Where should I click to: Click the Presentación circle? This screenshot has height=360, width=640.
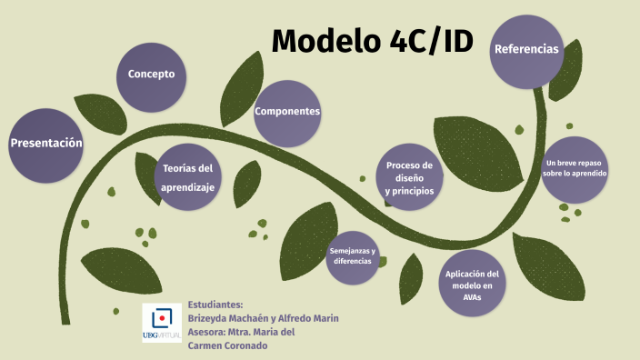coord(45,144)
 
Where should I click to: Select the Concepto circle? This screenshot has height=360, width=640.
coord(151,75)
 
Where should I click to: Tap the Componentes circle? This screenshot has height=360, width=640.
coord(287,112)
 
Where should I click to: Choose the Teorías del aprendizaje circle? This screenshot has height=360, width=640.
coord(187,177)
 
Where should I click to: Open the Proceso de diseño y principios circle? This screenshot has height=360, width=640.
coord(409,178)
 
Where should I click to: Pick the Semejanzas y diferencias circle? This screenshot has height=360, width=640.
coord(353,255)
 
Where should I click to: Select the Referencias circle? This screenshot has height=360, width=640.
coord(525,50)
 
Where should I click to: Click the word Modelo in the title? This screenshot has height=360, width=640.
coord(320,41)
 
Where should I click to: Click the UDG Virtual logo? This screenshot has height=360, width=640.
coord(162,322)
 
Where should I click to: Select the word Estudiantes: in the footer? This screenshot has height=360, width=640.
coord(215,304)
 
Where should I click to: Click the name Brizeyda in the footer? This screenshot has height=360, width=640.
coord(211,317)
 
